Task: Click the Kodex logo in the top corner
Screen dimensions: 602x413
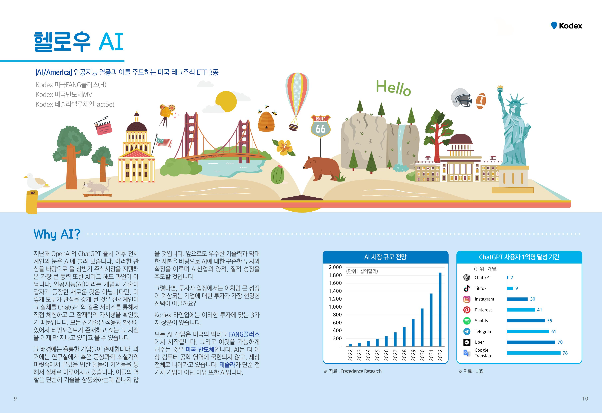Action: [567, 25]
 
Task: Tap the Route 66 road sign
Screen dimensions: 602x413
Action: [320, 126]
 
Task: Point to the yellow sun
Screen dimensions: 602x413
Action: [226, 102]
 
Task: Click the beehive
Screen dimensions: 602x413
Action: [266, 121]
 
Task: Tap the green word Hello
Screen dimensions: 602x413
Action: [393, 88]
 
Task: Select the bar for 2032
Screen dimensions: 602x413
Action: [440, 309]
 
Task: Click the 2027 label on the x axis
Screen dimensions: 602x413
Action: [395, 355]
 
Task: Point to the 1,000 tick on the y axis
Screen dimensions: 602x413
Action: [335, 307]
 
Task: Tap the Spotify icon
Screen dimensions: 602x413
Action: [466, 321]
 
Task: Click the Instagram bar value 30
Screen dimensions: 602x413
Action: [533, 299]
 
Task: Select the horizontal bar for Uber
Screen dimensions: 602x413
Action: [531, 342]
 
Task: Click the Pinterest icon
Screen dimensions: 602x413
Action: [466, 310]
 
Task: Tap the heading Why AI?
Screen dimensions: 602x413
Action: [57, 234]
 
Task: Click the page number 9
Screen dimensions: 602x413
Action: [15, 399]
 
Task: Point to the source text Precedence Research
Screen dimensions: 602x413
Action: [361, 371]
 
